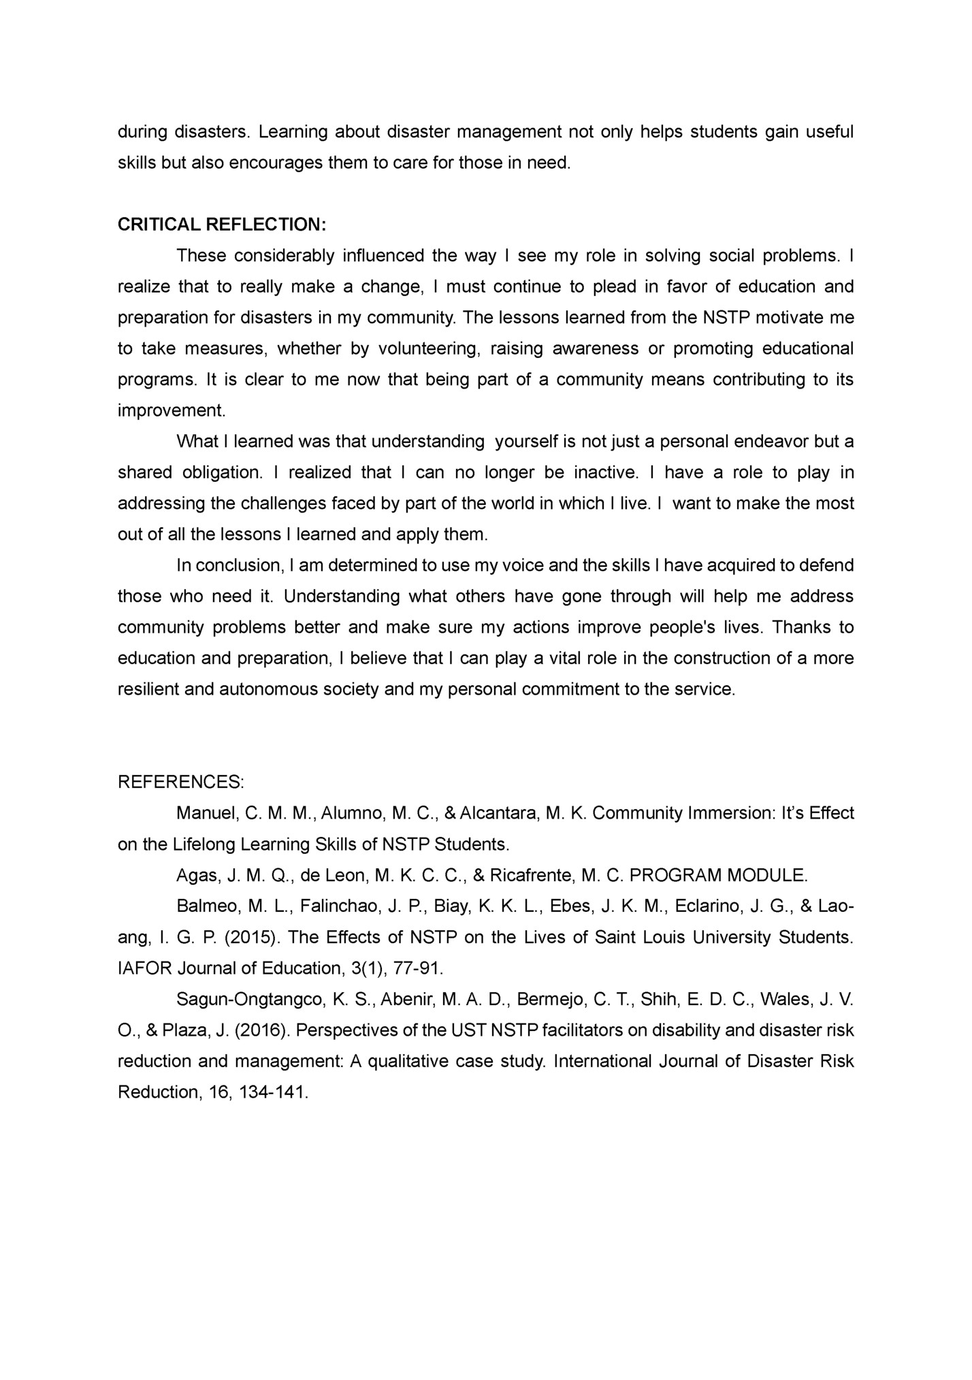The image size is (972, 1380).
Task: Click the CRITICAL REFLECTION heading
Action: pos(222,225)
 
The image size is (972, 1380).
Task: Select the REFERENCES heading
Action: pos(181,782)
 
